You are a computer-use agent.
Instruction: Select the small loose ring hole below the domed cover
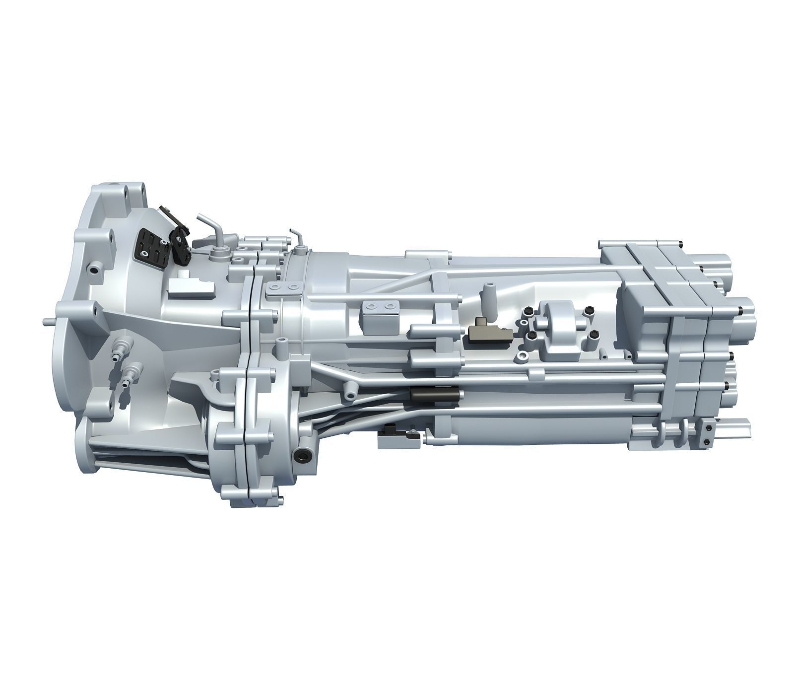click(x=523, y=356)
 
